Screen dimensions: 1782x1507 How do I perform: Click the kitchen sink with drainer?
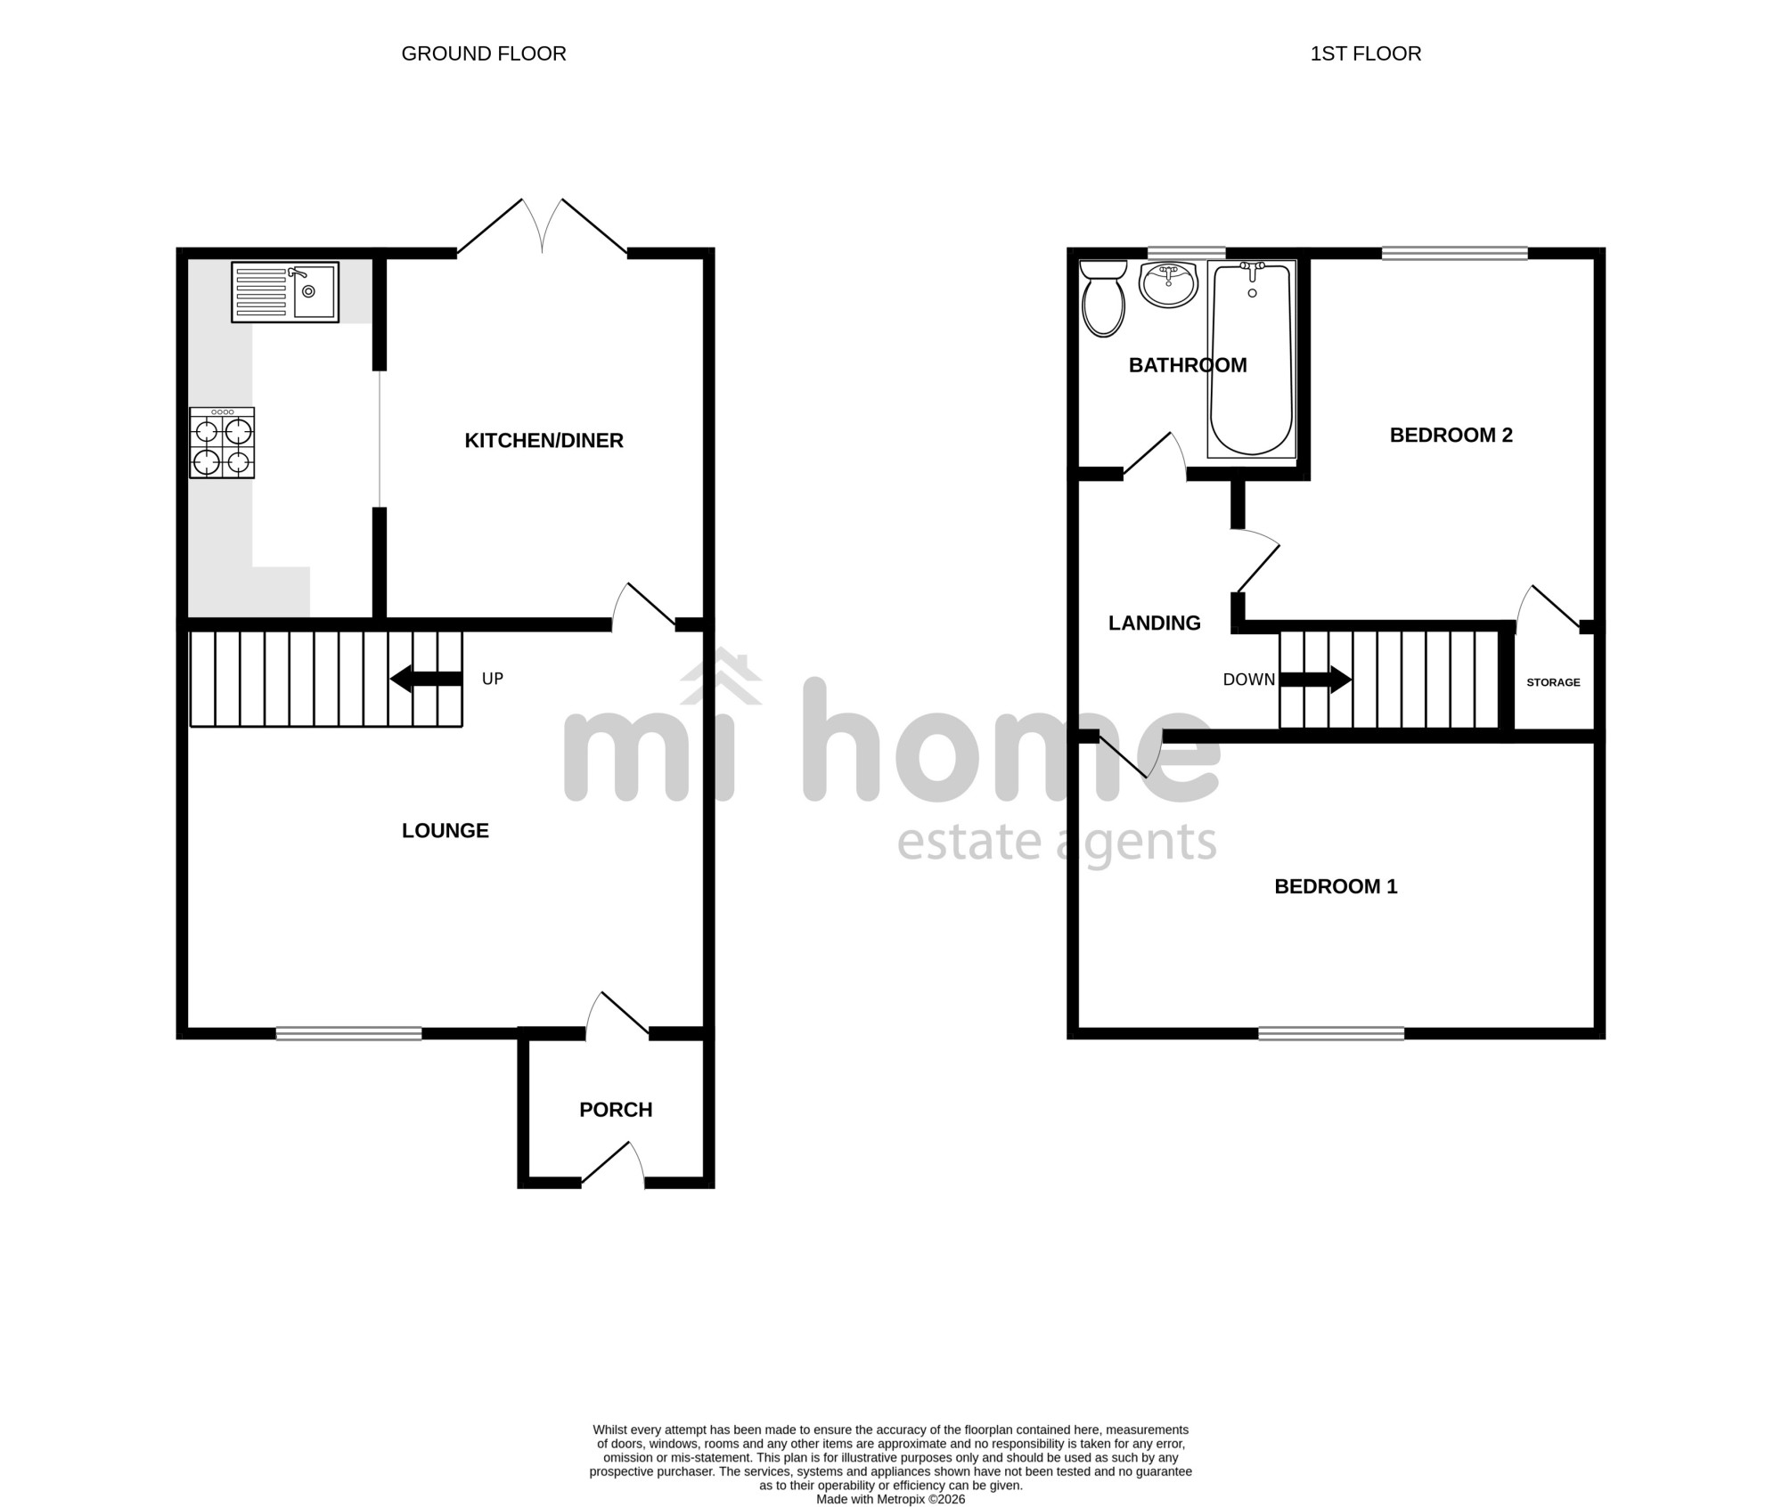pyautogui.click(x=285, y=292)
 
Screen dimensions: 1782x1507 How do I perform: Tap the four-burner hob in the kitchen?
pyautogui.click(x=222, y=443)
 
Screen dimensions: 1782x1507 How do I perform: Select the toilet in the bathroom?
pyautogui.click(x=1103, y=298)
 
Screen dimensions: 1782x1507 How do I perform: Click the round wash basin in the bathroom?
pyautogui.click(x=1168, y=285)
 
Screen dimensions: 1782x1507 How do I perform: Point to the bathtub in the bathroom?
pyautogui.click(x=1252, y=359)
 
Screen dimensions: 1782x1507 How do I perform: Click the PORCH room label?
pyautogui.click(x=616, y=1110)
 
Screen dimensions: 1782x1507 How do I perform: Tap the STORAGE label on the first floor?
pyautogui.click(x=1553, y=682)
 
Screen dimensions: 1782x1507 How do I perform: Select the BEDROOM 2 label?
pyautogui.click(x=1451, y=435)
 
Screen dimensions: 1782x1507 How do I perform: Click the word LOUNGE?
pyautogui.click(x=445, y=831)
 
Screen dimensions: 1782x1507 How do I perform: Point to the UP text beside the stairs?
pyautogui.click(x=493, y=679)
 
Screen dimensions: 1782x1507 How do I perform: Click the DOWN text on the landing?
pyautogui.click(x=1249, y=680)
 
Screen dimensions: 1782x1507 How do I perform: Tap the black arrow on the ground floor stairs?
pyautogui.click(x=426, y=679)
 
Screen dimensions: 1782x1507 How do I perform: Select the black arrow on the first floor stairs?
pyautogui.click(x=1316, y=680)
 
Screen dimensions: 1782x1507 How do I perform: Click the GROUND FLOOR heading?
pyautogui.click(x=484, y=53)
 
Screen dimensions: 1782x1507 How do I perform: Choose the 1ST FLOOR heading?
pyautogui.click(x=1366, y=53)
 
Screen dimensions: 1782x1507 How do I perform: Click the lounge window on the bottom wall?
pyautogui.click(x=348, y=1033)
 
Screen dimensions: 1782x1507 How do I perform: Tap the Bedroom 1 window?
pyautogui.click(x=1331, y=1033)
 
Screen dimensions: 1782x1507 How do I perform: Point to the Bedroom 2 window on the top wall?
pyautogui.click(x=1455, y=253)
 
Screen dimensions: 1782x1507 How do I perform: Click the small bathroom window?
pyautogui.click(x=1186, y=253)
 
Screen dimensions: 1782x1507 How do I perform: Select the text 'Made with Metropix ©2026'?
pyautogui.click(x=891, y=1499)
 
